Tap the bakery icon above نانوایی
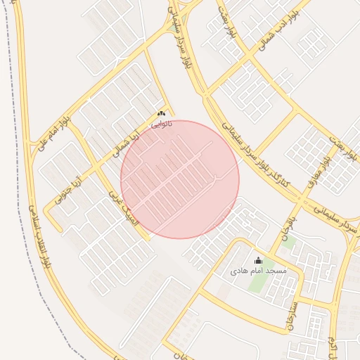[x=161, y=114]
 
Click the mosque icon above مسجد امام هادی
[x=258, y=261]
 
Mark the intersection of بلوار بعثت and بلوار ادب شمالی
[x=249, y=55]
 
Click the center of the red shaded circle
[x=180, y=179]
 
